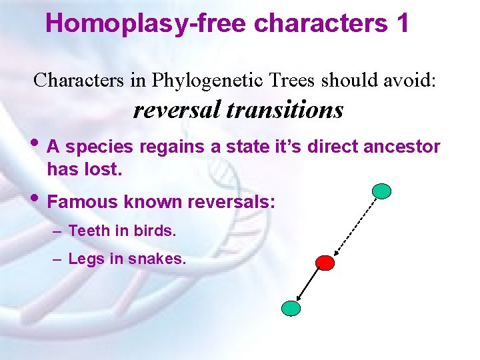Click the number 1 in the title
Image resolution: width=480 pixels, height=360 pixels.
(x=401, y=23)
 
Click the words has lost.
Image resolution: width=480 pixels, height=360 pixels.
(x=85, y=170)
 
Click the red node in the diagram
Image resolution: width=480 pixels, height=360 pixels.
(x=325, y=263)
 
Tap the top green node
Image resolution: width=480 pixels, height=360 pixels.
(x=382, y=191)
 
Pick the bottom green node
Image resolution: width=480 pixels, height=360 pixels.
(x=291, y=308)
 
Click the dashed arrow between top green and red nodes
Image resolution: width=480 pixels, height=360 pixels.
(x=353, y=227)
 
